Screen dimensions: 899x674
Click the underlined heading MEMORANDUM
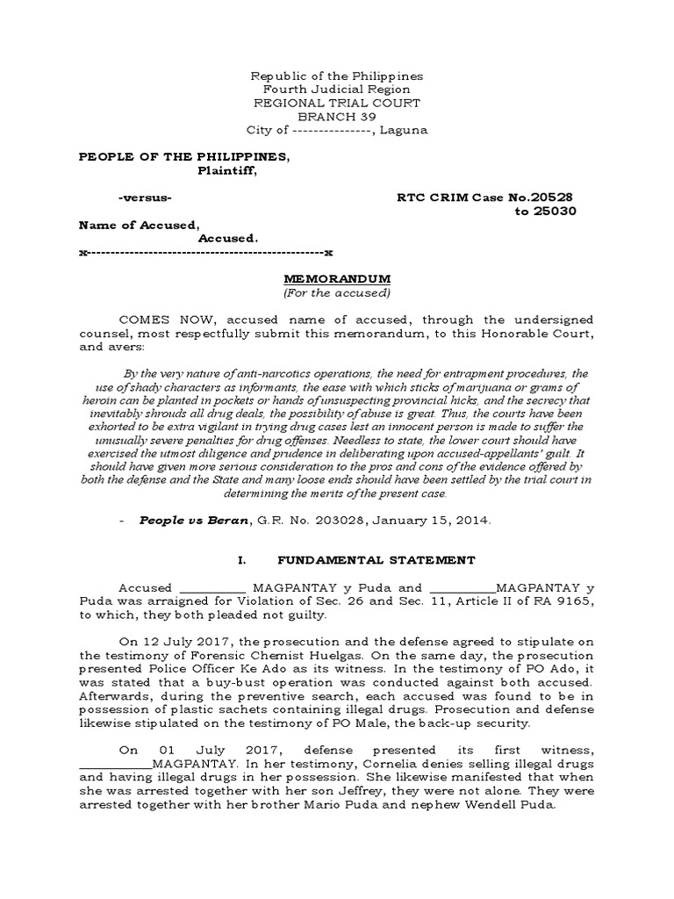coord(336,278)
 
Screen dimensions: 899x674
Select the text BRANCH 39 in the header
coord(336,116)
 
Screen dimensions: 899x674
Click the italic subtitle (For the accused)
coord(336,292)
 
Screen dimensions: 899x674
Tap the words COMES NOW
coord(157,319)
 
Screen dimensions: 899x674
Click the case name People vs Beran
coord(183,521)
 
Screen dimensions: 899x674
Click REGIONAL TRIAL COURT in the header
coord(336,103)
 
